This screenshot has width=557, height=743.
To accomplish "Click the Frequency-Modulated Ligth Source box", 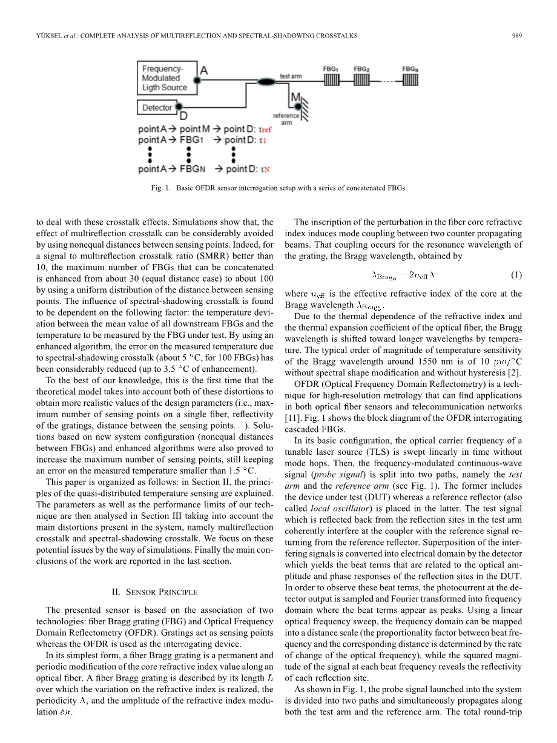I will point(165,78).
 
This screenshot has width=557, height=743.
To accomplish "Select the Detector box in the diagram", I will point(157,107).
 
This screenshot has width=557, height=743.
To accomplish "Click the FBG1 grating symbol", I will point(331,81).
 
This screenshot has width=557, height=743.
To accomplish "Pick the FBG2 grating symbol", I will point(361,81).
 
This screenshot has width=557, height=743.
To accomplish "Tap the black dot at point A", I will point(195,79).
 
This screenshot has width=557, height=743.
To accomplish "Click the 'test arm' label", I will point(290,77).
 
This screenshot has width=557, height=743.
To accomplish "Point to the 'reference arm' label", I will point(286,119).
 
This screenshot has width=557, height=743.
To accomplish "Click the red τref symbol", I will point(265,130).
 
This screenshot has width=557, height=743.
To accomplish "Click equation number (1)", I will point(516,275).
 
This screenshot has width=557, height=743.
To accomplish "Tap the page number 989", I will point(516,36).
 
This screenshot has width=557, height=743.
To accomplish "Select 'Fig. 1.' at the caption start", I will point(160,188).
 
